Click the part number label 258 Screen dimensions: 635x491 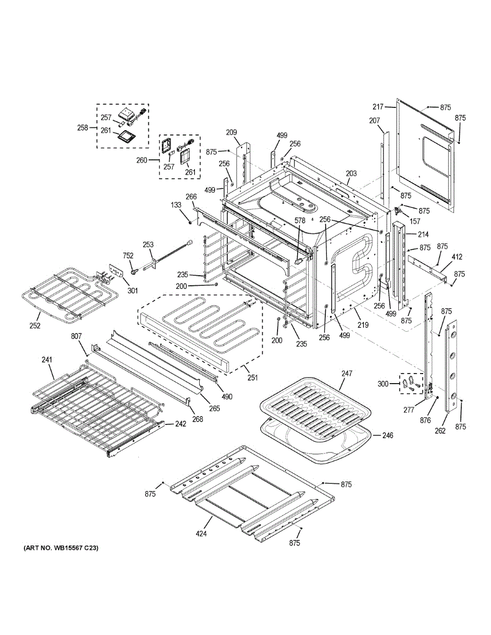click(83, 128)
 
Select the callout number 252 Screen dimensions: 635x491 click(35, 325)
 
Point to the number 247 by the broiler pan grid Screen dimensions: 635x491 click(346, 374)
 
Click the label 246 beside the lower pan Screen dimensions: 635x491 click(388, 436)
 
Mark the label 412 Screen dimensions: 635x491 click(457, 257)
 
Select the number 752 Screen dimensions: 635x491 click(128, 255)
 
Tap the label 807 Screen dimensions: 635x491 click(76, 336)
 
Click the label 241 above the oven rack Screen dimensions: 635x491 click(47, 360)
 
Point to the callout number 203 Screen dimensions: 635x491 click(351, 174)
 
